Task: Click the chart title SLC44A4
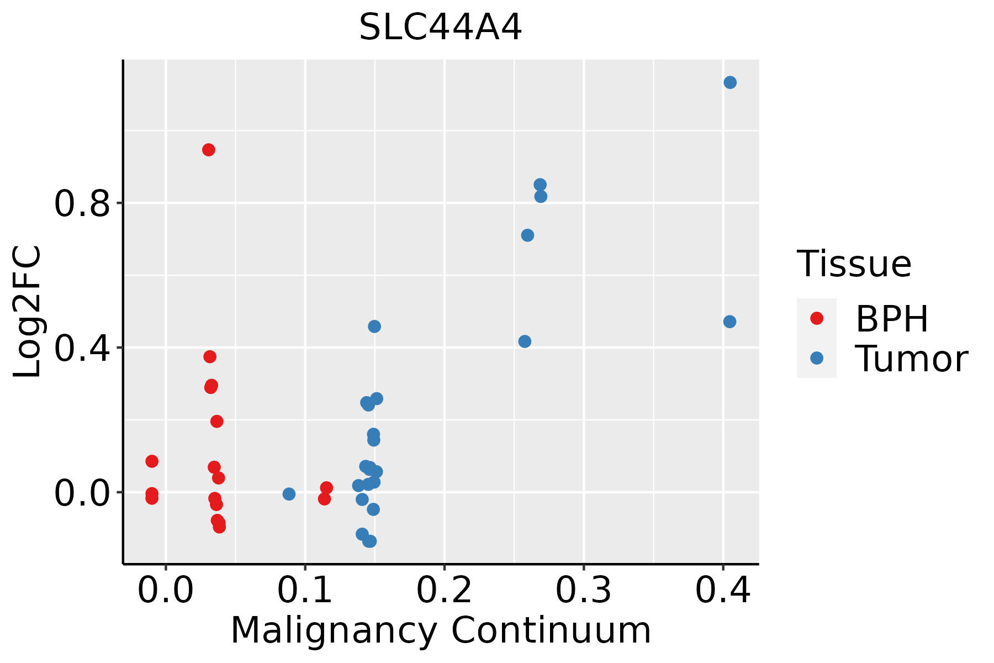point(440,28)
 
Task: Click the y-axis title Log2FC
point(28,312)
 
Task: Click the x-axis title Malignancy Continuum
point(440,630)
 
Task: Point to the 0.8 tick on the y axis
point(81,203)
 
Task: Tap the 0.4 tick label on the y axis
point(81,348)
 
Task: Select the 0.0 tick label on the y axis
point(81,493)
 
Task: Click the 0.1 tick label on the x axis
point(305,591)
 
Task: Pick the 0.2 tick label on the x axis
point(444,591)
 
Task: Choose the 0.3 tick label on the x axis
point(583,591)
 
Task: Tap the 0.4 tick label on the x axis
point(722,591)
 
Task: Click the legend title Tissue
point(854,264)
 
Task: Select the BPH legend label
point(892,319)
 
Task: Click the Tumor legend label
point(911,359)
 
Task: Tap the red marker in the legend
point(816,318)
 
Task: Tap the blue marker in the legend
point(816,358)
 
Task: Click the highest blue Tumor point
point(730,82)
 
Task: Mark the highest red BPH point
point(208,150)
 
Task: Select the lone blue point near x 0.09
point(289,494)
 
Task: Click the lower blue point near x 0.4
point(729,322)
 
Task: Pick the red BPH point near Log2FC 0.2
point(216,422)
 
